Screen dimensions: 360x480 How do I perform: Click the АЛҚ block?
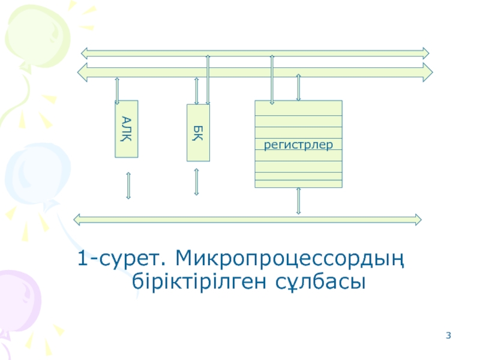click(x=126, y=129)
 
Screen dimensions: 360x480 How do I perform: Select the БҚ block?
click(x=198, y=133)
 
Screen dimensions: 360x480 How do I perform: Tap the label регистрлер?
click(x=298, y=145)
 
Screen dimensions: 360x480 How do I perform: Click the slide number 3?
click(x=448, y=335)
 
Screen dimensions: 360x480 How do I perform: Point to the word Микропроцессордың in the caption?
click(x=288, y=260)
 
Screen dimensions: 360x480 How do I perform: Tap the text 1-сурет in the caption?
click(x=120, y=260)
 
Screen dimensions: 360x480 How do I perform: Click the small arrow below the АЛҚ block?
click(x=128, y=185)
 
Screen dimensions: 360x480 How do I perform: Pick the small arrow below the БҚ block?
click(x=196, y=182)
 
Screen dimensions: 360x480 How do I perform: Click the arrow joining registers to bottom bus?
click(x=298, y=201)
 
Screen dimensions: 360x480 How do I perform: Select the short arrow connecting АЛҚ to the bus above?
click(x=117, y=90)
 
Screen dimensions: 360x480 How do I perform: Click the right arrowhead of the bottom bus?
click(x=417, y=219)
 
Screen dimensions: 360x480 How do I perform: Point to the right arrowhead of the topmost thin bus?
click(x=425, y=52)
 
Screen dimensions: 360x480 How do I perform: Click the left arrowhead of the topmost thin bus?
click(x=85, y=52)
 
